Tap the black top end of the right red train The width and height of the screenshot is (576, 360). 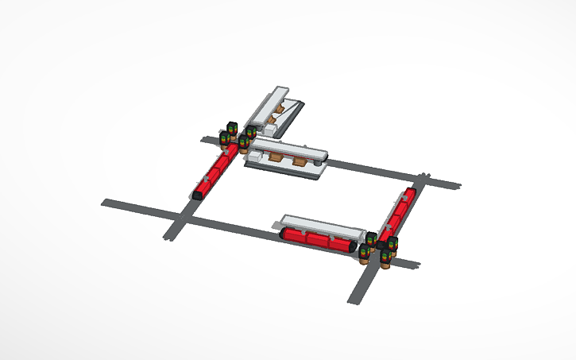pyautogui.click(x=410, y=191)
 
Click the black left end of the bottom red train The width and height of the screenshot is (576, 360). pyautogui.click(x=284, y=233)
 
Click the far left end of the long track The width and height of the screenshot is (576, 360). pyautogui.click(x=106, y=202)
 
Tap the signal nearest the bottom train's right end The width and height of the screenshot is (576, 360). pyautogui.click(x=370, y=240)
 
